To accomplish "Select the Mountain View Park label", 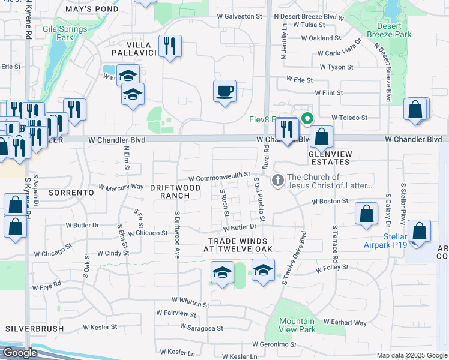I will [297, 325].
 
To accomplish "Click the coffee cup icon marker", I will [225, 91].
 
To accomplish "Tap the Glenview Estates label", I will [329, 158].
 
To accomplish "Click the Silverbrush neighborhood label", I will [30, 329].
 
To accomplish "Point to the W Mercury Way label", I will [121, 187].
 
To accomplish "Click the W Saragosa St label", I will [201, 328].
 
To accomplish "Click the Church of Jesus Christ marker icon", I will [277, 179].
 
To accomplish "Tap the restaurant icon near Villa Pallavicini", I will [170, 45].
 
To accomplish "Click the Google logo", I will [20, 353].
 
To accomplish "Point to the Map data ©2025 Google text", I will [412, 355].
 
